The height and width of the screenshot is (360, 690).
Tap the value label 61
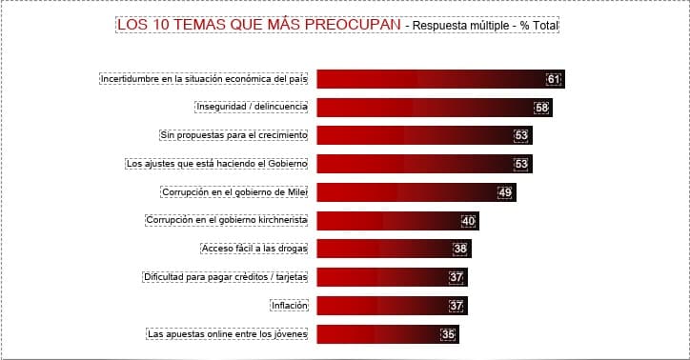554,79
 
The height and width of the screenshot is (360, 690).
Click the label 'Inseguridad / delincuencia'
252,107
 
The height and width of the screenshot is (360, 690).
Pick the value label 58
542,108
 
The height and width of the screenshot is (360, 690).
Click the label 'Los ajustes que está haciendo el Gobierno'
216,164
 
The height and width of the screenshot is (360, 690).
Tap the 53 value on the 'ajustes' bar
521,164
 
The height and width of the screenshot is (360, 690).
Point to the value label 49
505,192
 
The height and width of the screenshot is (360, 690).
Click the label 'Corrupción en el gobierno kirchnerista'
226,220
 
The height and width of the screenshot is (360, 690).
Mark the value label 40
468,221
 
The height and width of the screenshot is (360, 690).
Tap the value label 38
460,250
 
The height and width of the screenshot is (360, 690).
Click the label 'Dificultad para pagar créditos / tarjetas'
224,277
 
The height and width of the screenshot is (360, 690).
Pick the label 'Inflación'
289,306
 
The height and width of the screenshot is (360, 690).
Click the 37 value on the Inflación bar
457,306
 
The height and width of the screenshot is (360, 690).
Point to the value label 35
448,334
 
